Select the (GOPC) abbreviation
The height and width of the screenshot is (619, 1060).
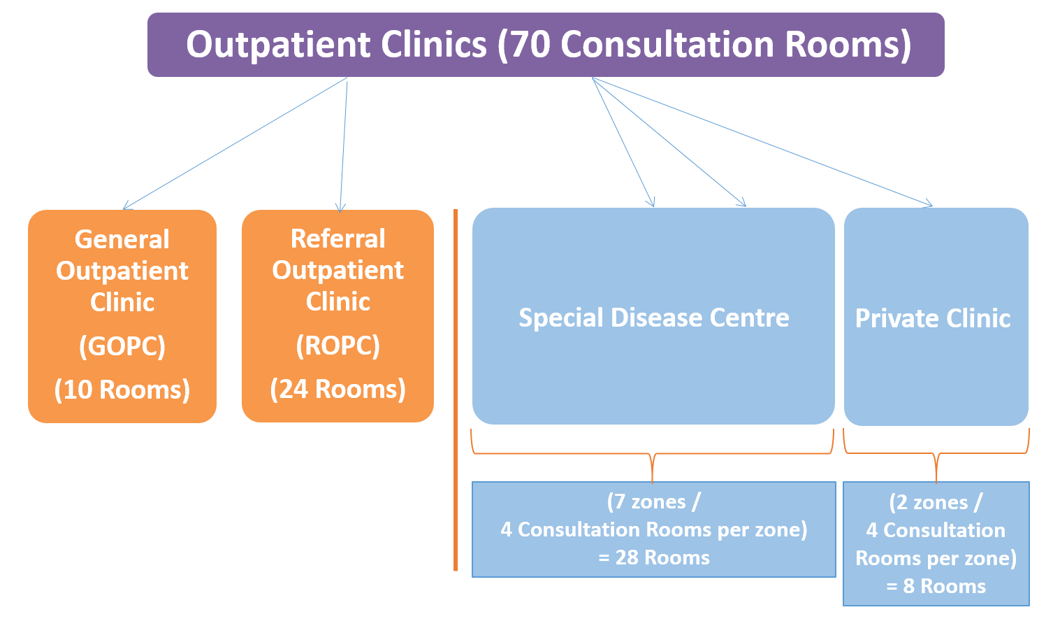[x=122, y=346]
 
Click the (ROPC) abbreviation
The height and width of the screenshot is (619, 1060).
[x=338, y=346]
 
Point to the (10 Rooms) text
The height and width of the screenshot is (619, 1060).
[x=122, y=390]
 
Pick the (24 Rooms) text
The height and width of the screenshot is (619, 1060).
[x=338, y=390]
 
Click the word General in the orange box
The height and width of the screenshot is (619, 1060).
[x=122, y=239]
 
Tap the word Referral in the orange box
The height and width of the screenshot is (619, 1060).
[x=338, y=239]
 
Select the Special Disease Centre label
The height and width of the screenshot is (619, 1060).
[x=654, y=318]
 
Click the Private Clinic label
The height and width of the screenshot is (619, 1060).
[x=933, y=318]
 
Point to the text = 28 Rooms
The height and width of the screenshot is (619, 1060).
[x=654, y=558]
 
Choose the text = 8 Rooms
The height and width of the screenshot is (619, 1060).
[x=936, y=586]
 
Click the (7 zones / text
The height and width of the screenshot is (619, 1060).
[x=654, y=502]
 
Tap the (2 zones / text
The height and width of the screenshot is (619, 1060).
[x=936, y=503]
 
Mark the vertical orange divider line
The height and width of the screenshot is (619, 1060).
[x=456, y=390]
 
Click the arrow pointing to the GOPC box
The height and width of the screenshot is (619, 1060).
[x=235, y=143]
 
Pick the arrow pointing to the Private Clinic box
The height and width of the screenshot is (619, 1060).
[x=762, y=142]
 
